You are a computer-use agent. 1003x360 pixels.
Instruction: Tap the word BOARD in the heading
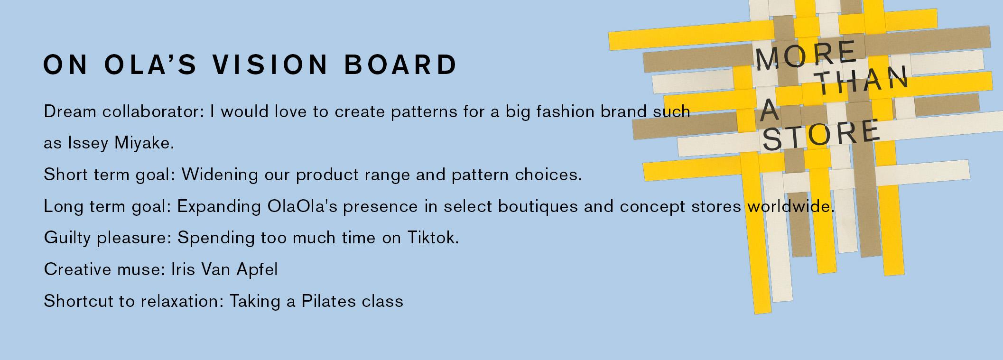pyautogui.click(x=400, y=65)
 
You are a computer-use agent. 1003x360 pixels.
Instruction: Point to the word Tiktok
pyautogui.click(x=433, y=237)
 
